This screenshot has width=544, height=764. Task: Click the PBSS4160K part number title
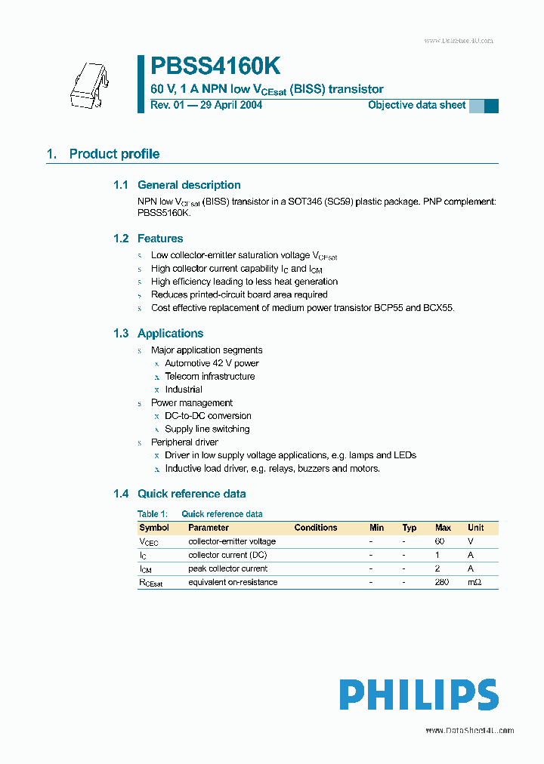215,66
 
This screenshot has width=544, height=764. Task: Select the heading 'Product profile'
114,154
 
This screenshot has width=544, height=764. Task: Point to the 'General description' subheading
189,185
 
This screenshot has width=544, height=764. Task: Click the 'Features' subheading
160,239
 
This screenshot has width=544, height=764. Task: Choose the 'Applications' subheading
170,334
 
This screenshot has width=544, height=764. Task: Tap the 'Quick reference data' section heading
191,494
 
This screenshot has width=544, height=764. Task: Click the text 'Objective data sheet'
417,105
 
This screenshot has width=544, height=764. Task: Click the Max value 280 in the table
443,582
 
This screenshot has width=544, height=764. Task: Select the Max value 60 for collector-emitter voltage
440,541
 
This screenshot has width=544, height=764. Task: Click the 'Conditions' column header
316,528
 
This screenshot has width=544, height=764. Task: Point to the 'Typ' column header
410,528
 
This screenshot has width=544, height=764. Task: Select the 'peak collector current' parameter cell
227,568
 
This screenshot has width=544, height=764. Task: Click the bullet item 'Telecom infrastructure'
210,377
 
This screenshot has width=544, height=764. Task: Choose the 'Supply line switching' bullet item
207,429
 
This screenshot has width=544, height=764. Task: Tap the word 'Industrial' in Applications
184,390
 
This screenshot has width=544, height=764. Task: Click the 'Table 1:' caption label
152,514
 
